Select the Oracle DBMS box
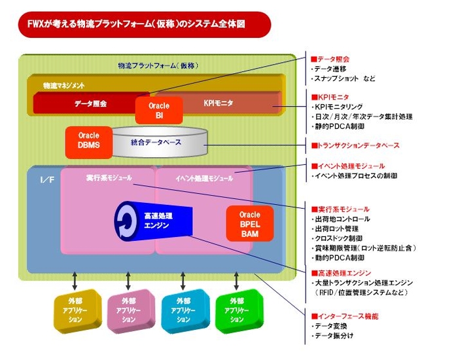click(89, 141)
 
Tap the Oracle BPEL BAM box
click(249, 223)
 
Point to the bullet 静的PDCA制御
click(336, 126)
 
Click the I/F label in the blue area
click(46, 179)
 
